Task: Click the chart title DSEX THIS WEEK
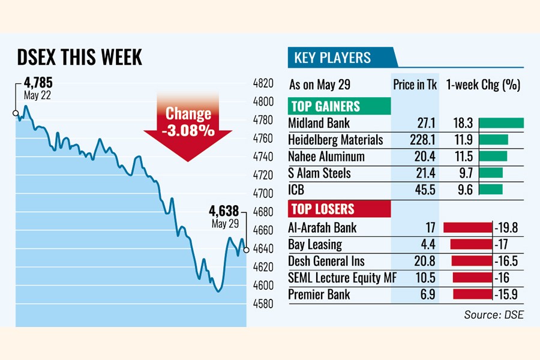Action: [x=79, y=58]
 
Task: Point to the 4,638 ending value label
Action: [x=224, y=211]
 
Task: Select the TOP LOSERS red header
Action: [x=322, y=209]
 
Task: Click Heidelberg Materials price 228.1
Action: [x=424, y=140]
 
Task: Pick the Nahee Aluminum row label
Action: [x=326, y=157]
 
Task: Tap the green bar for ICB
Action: [x=491, y=190]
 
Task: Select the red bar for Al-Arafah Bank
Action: [x=467, y=228]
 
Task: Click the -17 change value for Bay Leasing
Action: [x=502, y=245]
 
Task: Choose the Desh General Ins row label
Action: [x=326, y=261]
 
